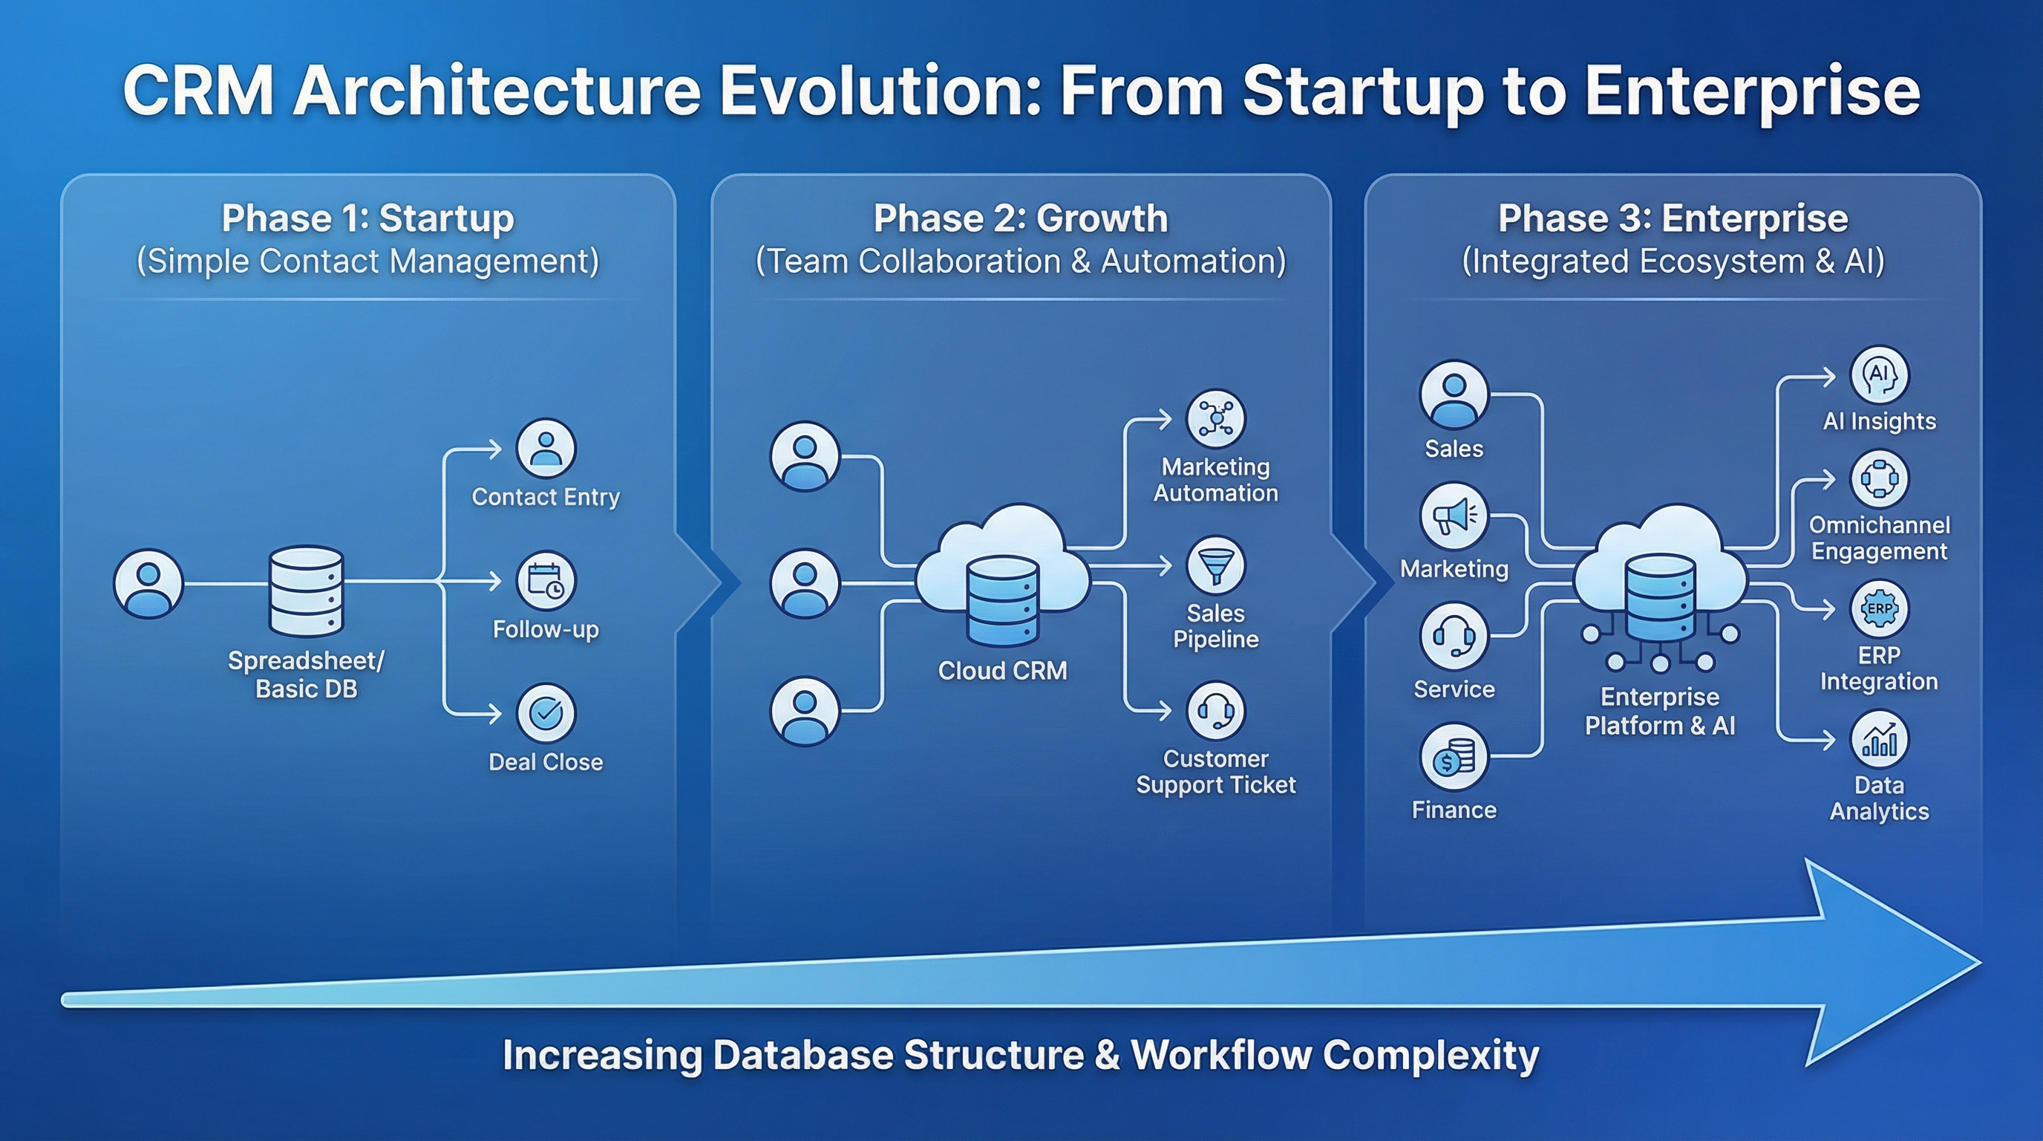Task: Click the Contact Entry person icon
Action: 546,449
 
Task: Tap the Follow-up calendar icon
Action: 546,581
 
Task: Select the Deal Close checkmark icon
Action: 546,712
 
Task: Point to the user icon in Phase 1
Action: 148,584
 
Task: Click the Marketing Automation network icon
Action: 1215,418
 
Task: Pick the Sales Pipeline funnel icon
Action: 1215,566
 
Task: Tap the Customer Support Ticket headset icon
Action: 1215,710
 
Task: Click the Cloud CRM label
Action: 1002,671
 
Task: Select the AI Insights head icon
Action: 1879,374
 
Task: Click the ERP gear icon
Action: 1879,608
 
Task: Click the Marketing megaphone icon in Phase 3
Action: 1454,516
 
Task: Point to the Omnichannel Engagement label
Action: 1879,538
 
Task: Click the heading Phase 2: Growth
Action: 1021,218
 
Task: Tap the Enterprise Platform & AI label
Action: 1660,711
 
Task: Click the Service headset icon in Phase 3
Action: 1454,637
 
